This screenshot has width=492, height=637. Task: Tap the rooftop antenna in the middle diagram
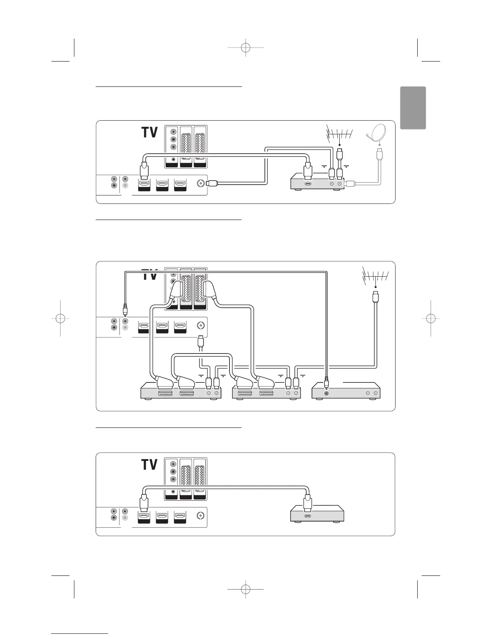coord(375,276)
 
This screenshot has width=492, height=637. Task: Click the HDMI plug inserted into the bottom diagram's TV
coord(144,503)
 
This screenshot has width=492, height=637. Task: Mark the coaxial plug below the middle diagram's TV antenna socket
coord(200,343)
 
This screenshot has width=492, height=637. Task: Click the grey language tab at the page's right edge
coord(413,108)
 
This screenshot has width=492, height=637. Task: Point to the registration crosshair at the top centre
coord(245,47)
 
